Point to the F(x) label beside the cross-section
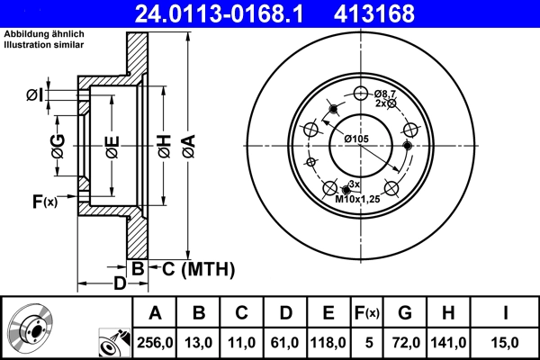click(44, 202)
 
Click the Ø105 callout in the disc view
click(357, 138)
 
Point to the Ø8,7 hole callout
click(386, 94)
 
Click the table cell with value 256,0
click(155, 341)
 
